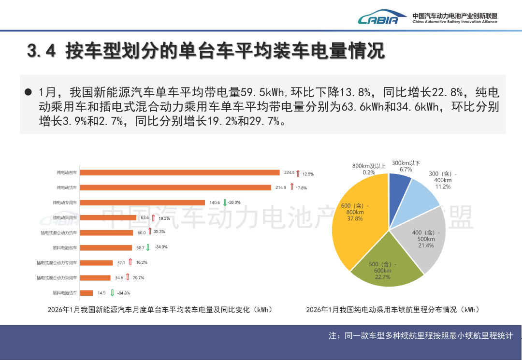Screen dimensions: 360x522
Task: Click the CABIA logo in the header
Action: (378, 18)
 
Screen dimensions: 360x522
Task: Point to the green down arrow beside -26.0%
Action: (225, 202)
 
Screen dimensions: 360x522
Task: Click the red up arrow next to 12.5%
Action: (298, 173)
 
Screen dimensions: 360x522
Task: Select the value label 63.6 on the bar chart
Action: (145, 218)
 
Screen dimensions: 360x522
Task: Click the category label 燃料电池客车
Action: (65, 248)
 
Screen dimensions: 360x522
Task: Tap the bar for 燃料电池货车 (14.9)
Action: (87, 293)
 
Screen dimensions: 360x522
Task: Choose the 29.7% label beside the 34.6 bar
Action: (138, 278)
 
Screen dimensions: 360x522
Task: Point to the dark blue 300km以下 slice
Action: (399, 183)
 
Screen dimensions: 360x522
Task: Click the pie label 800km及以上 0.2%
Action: (369, 169)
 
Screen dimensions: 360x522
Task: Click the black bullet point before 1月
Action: (28, 92)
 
